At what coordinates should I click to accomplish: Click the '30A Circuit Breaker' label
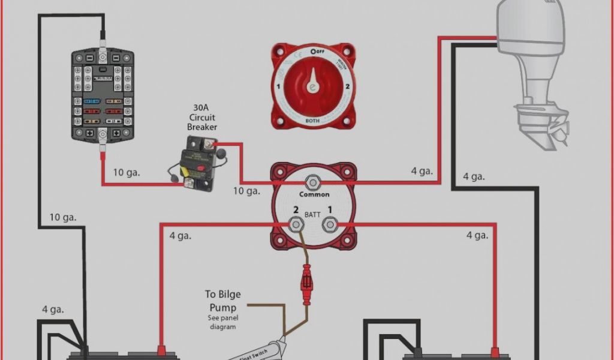click(x=202, y=116)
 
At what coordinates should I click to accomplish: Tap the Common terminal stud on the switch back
click(x=312, y=182)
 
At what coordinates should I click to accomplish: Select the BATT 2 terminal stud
click(x=296, y=225)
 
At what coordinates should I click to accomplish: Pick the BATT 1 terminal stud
click(x=329, y=225)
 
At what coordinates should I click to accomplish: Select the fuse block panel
click(x=103, y=96)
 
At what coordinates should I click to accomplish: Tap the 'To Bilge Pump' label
click(x=223, y=301)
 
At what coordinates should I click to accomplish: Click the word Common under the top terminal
click(x=314, y=194)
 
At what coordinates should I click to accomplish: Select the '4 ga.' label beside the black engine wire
click(x=473, y=176)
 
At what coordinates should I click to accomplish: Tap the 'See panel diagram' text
click(x=223, y=322)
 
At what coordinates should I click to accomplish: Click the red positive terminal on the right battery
click(x=495, y=350)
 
